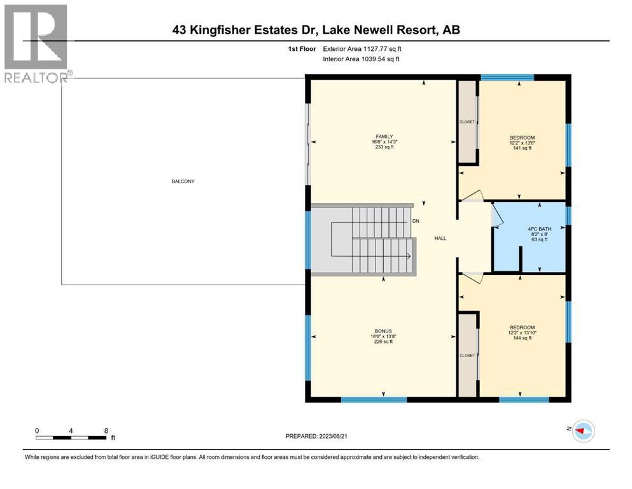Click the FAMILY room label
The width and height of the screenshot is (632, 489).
(x=383, y=136)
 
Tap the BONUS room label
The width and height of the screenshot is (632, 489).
(x=383, y=331)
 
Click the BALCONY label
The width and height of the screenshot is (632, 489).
(x=183, y=181)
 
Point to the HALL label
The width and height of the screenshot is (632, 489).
(x=440, y=239)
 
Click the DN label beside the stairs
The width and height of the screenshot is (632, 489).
(x=416, y=221)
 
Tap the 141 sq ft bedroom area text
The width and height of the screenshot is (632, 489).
(x=522, y=148)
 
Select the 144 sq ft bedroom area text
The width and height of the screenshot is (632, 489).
(x=522, y=338)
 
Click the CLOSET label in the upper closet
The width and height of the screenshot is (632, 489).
(x=467, y=122)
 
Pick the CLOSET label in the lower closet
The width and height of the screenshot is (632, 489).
(x=467, y=355)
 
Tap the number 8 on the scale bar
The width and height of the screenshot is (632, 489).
(x=105, y=430)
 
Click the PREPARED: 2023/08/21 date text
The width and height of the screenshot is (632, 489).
(x=316, y=436)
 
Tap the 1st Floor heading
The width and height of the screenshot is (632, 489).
(x=302, y=48)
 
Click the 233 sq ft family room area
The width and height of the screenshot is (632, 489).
(x=383, y=147)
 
